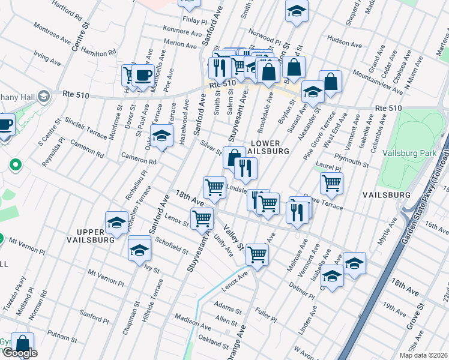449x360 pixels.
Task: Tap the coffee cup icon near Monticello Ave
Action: [x=143, y=76]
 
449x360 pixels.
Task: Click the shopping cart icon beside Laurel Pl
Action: [x=331, y=184]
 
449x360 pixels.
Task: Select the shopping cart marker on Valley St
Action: [x=257, y=254]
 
